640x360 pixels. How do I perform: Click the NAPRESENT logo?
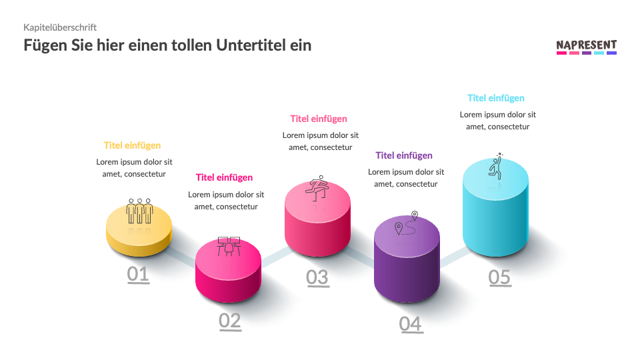click(x=586, y=46)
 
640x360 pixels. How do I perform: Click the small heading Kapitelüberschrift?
click(x=60, y=27)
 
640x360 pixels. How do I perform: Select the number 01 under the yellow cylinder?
click(x=138, y=274)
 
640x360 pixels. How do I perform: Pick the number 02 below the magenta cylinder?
click(x=229, y=321)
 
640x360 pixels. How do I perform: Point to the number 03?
click(x=317, y=277)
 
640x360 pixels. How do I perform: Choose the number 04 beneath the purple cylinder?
click(x=411, y=324)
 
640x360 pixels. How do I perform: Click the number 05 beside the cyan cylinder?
click(x=499, y=277)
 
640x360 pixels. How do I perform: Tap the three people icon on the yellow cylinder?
click(x=140, y=210)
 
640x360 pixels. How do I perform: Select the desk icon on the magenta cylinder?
click(x=229, y=246)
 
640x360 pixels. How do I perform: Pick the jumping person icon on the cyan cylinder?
click(x=497, y=166)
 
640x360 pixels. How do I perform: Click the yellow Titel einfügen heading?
click(x=132, y=145)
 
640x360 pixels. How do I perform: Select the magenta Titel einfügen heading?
click(x=224, y=177)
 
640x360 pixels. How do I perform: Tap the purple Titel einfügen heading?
click(x=404, y=155)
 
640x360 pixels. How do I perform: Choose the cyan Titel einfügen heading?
click(x=496, y=98)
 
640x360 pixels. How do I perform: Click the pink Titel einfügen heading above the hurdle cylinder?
click(x=319, y=119)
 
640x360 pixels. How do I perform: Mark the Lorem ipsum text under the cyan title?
click(x=497, y=121)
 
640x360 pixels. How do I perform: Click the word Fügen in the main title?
click(x=45, y=45)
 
